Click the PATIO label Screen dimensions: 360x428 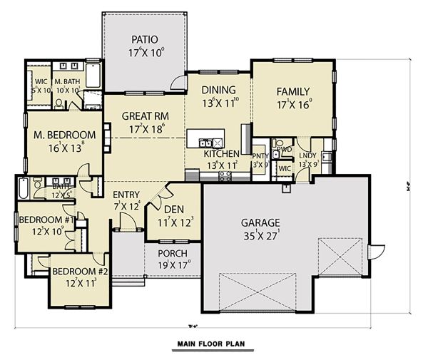(145, 39)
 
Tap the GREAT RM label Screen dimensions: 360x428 (144, 116)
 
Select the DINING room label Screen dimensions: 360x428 (218, 90)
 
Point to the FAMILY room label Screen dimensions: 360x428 (292, 91)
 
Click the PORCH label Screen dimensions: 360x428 (172, 254)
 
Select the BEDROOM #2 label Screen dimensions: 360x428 (78, 272)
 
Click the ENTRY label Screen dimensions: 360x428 (126, 195)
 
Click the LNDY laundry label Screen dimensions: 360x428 (308, 154)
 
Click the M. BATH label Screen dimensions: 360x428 (67, 82)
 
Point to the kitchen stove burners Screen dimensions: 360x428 (225, 176)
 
